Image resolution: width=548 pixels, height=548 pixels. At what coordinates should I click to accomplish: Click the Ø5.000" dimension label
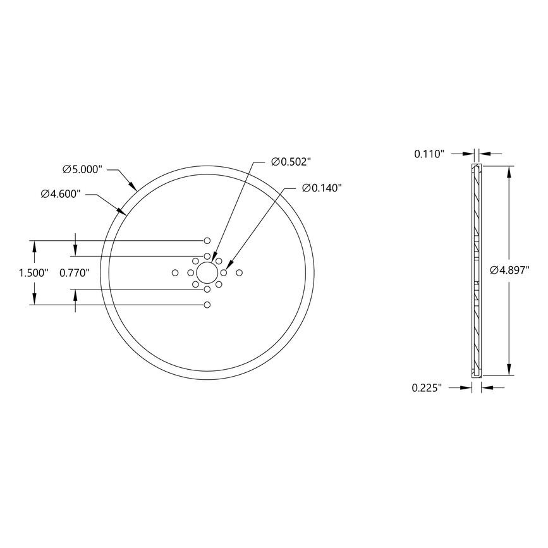(x=82, y=169)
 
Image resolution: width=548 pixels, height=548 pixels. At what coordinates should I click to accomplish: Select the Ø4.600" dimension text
(x=61, y=194)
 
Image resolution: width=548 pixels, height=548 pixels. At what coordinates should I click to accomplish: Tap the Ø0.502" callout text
(x=291, y=162)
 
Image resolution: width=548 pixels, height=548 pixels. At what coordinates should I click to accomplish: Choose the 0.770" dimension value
(x=75, y=273)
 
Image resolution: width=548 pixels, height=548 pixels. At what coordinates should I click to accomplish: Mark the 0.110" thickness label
(x=430, y=154)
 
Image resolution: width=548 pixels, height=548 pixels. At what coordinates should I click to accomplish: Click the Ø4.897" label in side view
(x=509, y=270)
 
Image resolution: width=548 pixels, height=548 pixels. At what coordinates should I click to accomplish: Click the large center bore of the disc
(x=207, y=273)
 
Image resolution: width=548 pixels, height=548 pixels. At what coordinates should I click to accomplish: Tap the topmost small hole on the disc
(x=207, y=241)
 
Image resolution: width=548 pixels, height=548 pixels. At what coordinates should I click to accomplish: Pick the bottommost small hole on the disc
(x=207, y=305)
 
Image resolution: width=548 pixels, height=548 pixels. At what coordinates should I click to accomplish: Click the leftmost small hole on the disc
(x=175, y=273)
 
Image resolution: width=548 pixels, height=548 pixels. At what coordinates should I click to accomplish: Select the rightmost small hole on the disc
(x=239, y=273)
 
